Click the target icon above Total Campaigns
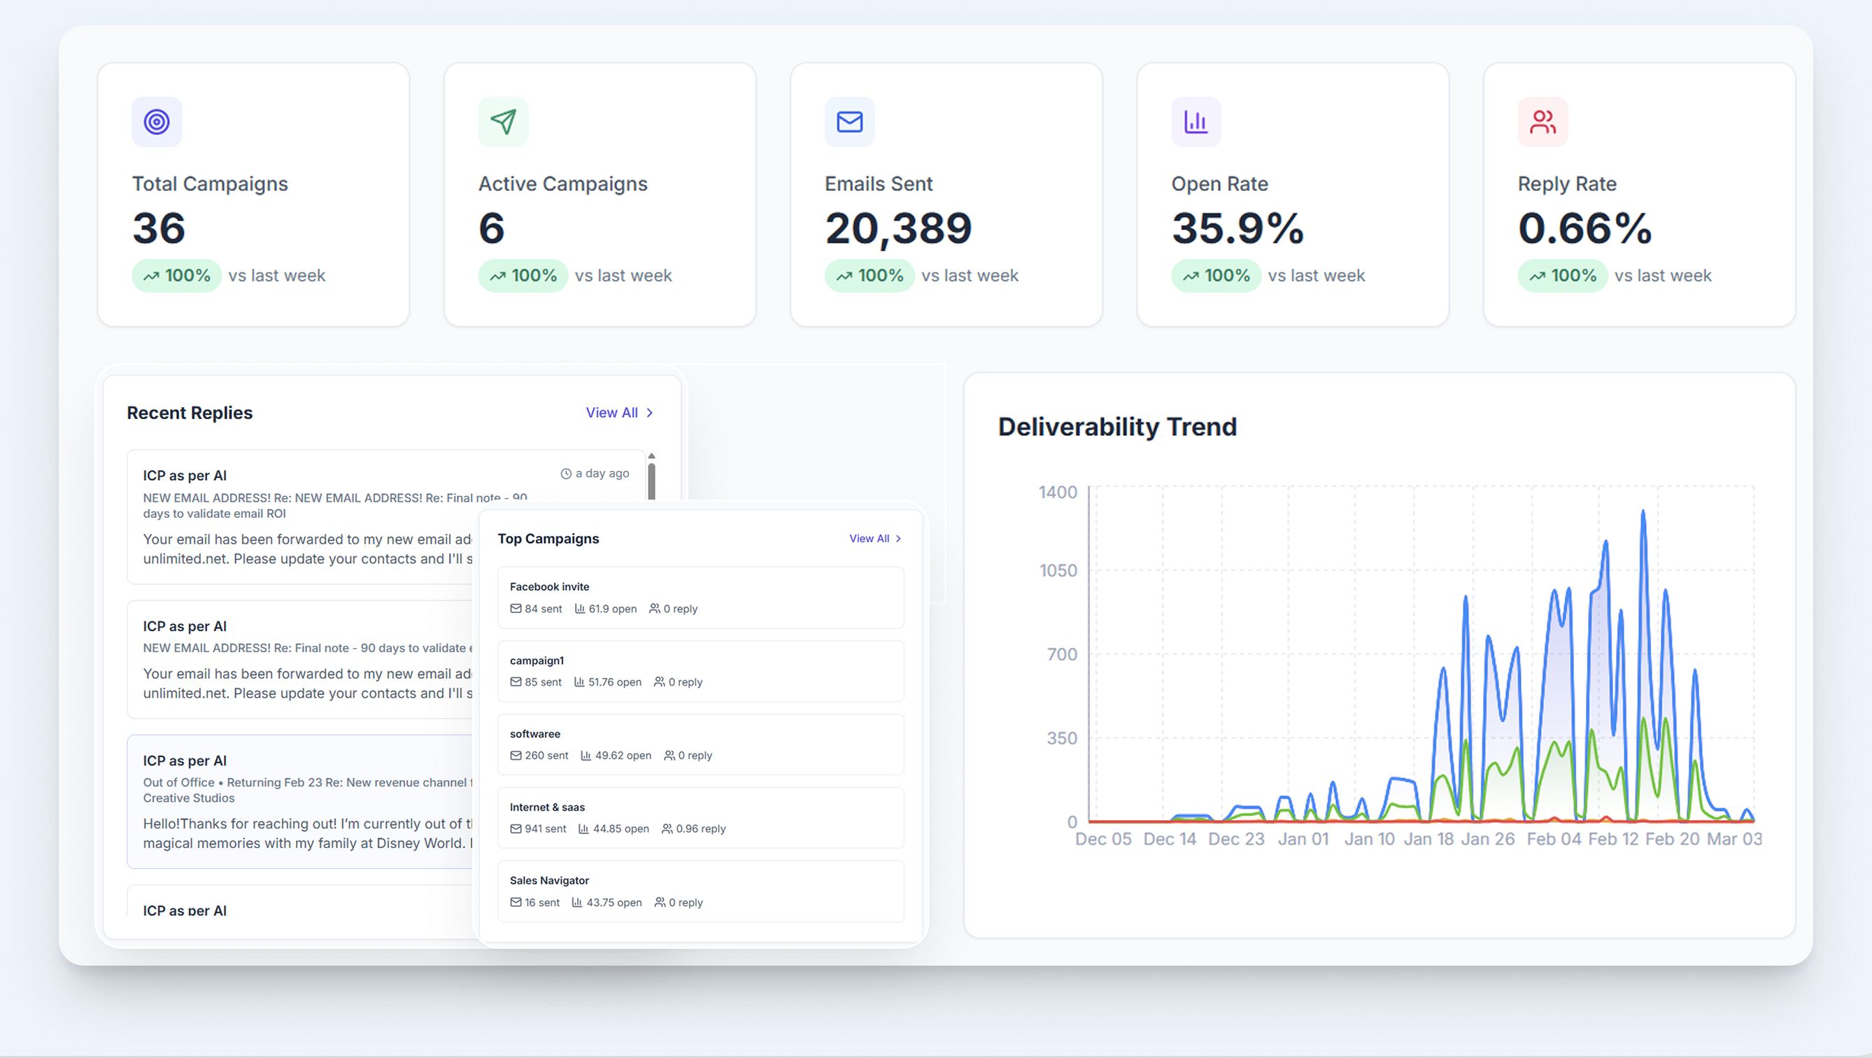(x=156, y=122)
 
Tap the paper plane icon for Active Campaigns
(x=503, y=122)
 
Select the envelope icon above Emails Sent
(x=849, y=122)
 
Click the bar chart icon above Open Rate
(x=1196, y=122)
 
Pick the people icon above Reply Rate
(x=1542, y=122)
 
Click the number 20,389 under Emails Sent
(x=898, y=228)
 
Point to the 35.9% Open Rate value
(x=1238, y=228)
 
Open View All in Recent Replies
(x=619, y=412)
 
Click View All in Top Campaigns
(x=875, y=538)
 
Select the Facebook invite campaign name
(x=549, y=587)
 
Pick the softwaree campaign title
(x=535, y=734)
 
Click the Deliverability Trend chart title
(x=1117, y=427)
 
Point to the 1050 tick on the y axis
(x=1058, y=571)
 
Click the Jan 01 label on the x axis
(x=1303, y=839)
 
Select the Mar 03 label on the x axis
(x=1734, y=839)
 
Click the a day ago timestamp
(x=595, y=474)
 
